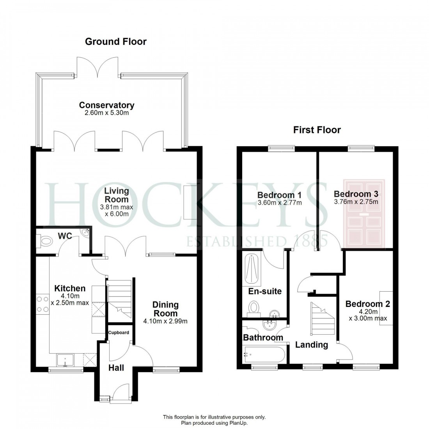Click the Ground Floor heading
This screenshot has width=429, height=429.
pyautogui.click(x=116, y=41)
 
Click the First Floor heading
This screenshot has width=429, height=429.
pyautogui.click(x=317, y=130)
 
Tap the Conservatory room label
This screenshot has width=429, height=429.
pyautogui.click(x=106, y=105)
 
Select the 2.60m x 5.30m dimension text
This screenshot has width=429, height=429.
pyautogui.click(x=106, y=113)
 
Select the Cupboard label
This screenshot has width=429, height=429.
pyautogui.click(x=119, y=333)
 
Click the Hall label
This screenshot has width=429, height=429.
pyautogui.click(x=116, y=367)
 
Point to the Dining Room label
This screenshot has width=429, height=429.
pyautogui.click(x=165, y=309)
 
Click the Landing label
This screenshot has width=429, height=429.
pyautogui.click(x=311, y=345)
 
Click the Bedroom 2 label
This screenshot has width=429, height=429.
pyautogui.click(x=367, y=304)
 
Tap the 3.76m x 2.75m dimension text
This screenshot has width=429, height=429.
pyautogui.click(x=356, y=202)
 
